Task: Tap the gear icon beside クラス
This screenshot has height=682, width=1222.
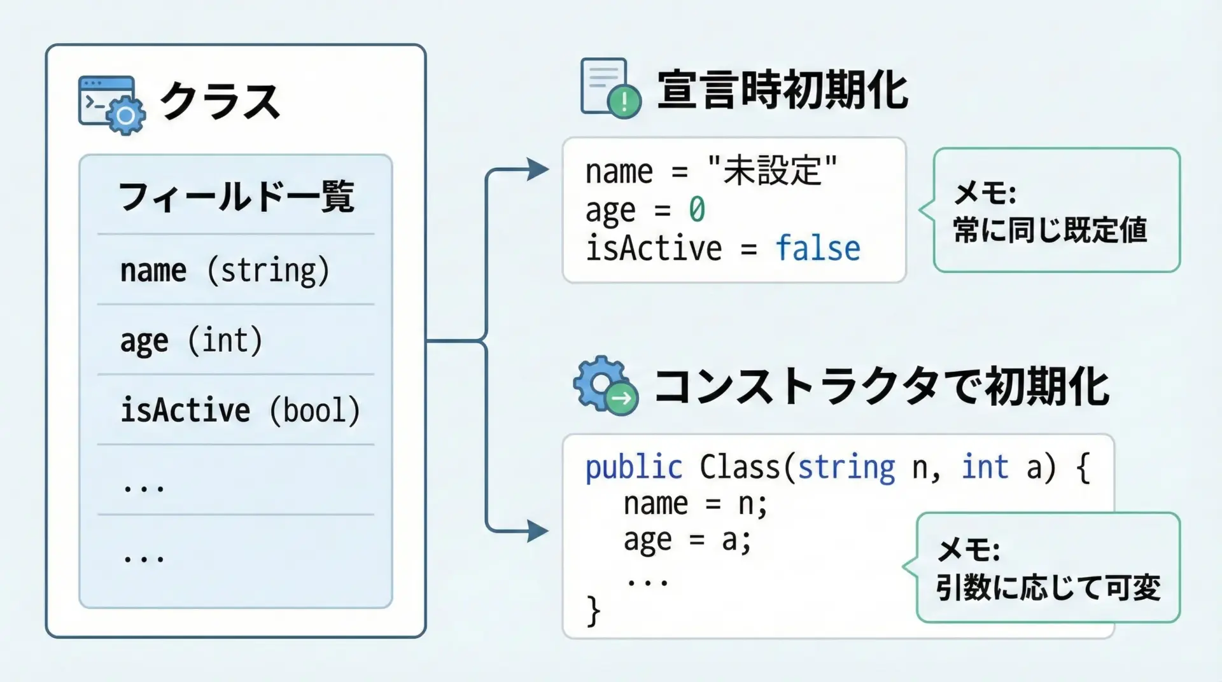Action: pos(125,116)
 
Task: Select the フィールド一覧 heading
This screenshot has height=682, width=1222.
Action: pos(236,197)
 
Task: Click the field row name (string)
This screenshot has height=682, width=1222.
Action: pos(225,270)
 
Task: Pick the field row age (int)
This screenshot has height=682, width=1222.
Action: pos(191,340)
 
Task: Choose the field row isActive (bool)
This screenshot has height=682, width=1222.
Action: pos(240,410)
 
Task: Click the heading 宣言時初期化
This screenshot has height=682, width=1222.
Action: pos(782,90)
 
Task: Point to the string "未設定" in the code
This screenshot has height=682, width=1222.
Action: pos(772,171)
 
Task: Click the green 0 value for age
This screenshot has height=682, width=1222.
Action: pos(697,210)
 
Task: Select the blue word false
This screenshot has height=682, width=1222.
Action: pos(818,248)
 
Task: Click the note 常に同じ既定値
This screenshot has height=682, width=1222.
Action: pos(1050,230)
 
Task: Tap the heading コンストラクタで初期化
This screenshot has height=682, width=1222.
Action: pos(881,387)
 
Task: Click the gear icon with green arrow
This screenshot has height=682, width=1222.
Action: pos(605,386)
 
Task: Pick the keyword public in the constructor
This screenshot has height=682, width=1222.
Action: pos(633,468)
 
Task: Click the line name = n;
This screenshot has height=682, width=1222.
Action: pos(696,504)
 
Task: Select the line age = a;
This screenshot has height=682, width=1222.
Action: pos(687,540)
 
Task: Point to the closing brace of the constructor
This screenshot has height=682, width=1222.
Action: pos(593,611)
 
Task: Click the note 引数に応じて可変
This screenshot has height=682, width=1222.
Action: pos(1048,587)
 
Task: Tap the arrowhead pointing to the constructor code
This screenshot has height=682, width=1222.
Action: pos(538,531)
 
